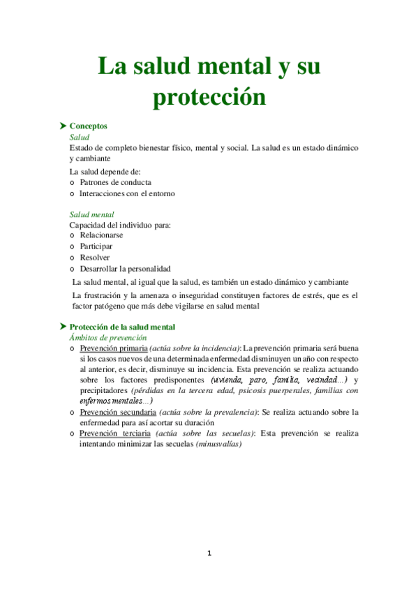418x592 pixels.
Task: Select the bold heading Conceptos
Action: pyautogui.click(x=89, y=126)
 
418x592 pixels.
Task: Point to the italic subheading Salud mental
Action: pyautogui.click(x=92, y=215)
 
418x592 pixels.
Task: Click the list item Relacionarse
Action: pyautogui.click(x=102, y=236)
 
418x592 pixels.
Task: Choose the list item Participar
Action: pyautogui.click(x=96, y=246)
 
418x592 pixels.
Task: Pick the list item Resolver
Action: pyautogui.click(x=95, y=258)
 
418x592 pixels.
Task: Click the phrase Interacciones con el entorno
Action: pyautogui.click(x=128, y=193)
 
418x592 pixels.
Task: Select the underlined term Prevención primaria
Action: pyautogui.click(x=114, y=348)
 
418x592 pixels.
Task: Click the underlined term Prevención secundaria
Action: pyautogui.click(x=118, y=412)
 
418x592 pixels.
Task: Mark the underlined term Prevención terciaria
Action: pyautogui.click(x=114, y=433)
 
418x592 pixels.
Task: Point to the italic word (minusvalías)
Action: pyautogui.click(x=218, y=444)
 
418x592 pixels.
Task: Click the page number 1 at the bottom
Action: pyautogui.click(x=209, y=554)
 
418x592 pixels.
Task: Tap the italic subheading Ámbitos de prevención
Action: pyautogui.click(x=107, y=337)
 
